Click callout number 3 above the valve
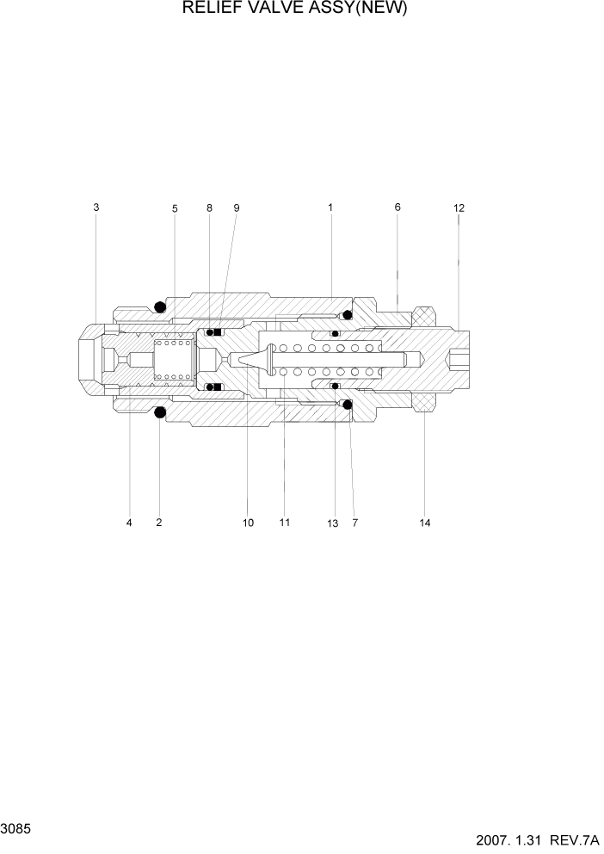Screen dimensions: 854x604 click(96, 207)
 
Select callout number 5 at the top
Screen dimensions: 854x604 click(175, 208)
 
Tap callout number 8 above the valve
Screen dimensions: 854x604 click(209, 208)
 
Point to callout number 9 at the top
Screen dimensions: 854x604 click(237, 208)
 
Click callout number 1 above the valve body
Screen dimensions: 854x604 click(330, 207)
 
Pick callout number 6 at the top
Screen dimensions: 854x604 click(398, 207)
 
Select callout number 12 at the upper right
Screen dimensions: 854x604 click(459, 208)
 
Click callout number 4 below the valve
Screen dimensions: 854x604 click(129, 523)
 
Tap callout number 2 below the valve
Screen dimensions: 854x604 click(159, 523)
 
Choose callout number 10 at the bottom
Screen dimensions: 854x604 click(248, 523)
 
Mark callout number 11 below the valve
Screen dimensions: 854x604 click(284, 523)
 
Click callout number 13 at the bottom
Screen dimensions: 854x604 click(333, 523)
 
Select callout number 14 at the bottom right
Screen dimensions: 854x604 click(424, 523)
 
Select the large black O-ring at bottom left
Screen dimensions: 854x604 click(160, 414)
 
